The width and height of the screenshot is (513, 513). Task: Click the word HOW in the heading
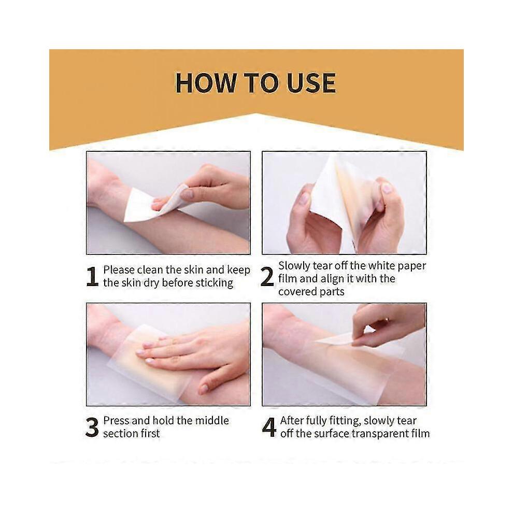[206, 83]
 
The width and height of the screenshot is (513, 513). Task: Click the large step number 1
[93, 277]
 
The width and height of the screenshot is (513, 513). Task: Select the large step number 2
[267, 277]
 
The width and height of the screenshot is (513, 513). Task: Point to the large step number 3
[92, 427]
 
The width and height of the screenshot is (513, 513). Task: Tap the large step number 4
[269, 427]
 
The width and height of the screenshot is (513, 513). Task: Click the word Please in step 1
[119, 270]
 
